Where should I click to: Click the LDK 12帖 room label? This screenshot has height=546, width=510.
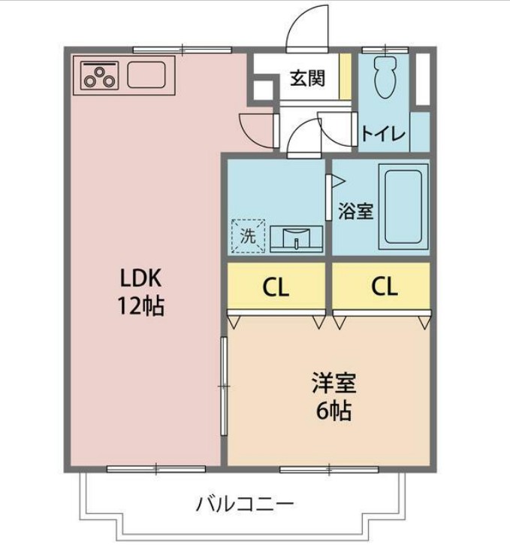pos(142,292)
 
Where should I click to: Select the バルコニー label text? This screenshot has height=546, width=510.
pos(245,503)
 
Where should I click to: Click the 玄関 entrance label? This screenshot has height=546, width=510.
pos(308,77)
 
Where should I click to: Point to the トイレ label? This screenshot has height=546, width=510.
pos(383,135)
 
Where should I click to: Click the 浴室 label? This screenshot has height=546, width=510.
pos(355,211)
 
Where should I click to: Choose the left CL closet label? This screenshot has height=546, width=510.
pos(276,286)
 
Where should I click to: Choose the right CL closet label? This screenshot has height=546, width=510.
pos(381,286)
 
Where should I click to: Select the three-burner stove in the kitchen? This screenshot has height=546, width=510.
pos(100,75)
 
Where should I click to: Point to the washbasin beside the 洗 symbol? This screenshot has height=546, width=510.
pos(296,238)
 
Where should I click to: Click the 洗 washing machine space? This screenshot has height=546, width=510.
pos(248,234)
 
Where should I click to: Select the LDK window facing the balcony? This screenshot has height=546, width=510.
pos(155,469)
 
